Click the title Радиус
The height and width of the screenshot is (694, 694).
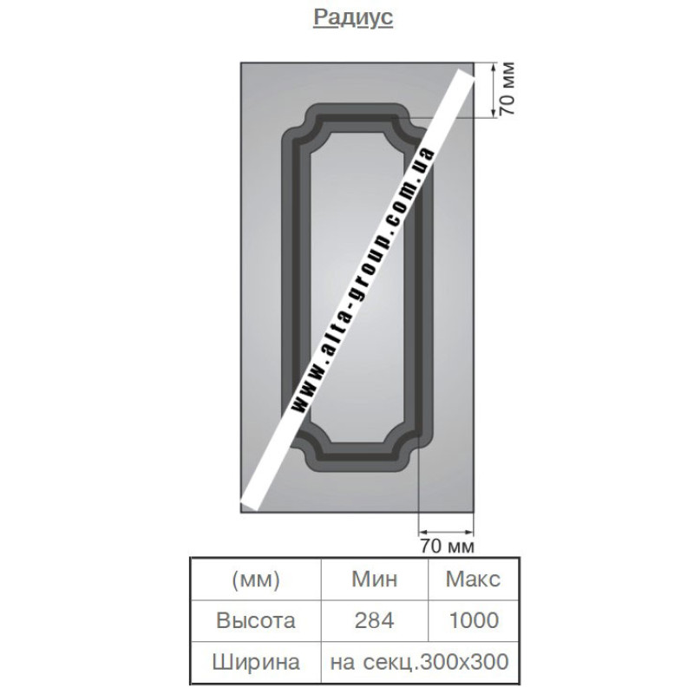coord(353,17)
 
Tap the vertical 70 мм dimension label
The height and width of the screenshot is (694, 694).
coord(507,88)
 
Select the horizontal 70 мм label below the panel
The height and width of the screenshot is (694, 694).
coord(447,546)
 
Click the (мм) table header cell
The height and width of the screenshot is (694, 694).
coord(256,579)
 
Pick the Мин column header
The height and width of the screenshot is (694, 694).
coord(375,579)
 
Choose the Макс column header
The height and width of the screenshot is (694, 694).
coord(473,579)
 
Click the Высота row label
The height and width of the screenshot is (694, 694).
coord(256,620)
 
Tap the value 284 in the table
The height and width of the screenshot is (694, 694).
coord(375,620)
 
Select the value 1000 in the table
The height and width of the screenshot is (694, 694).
coord(474,620)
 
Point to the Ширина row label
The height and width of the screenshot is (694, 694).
coord(256,662)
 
